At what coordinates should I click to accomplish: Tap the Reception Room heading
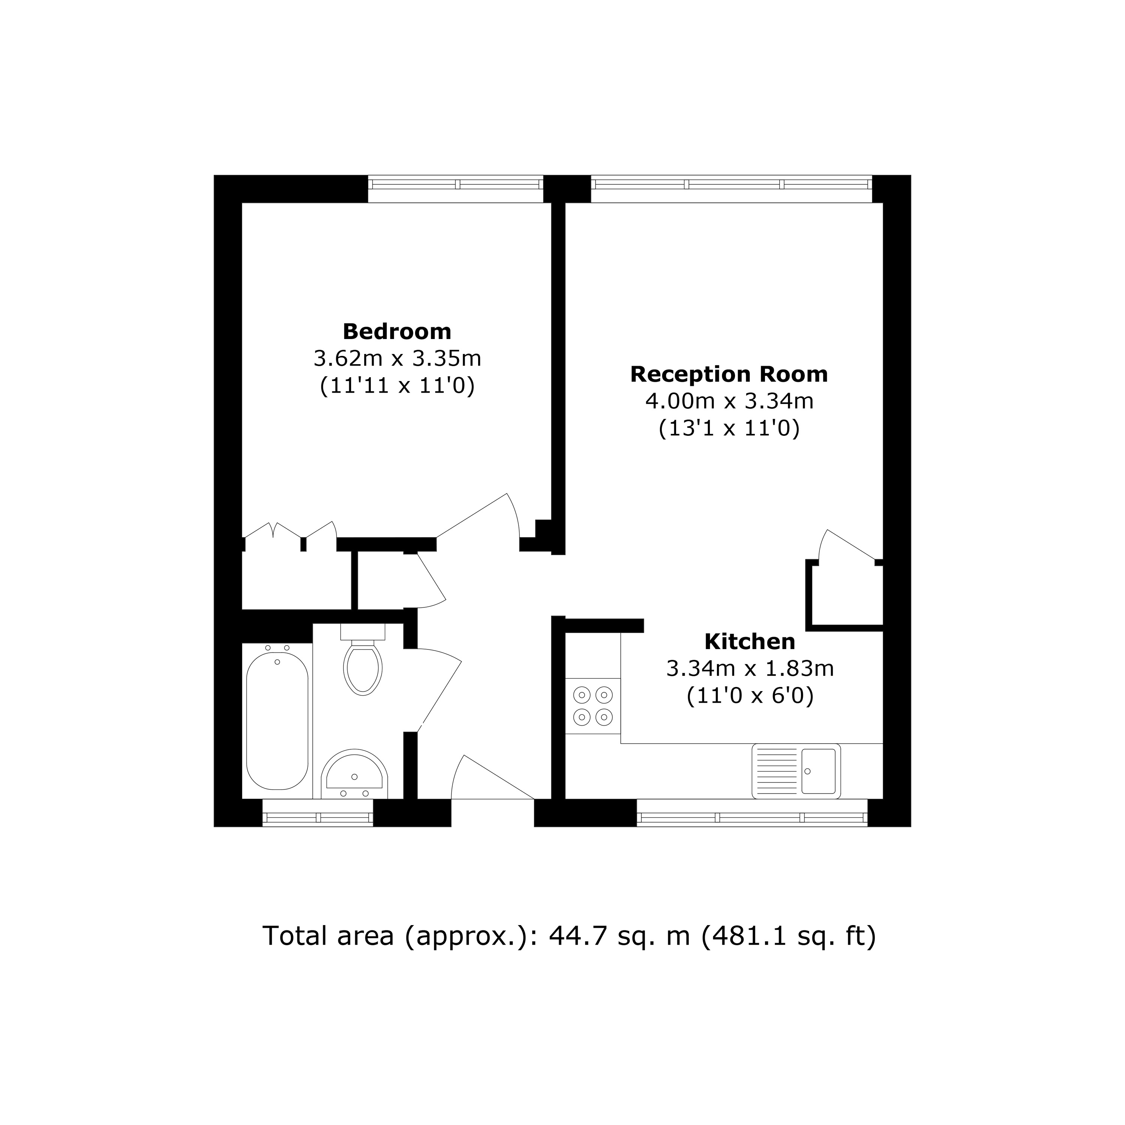(x=729, y=374)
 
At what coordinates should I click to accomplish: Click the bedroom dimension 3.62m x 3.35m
(x=397, y=359)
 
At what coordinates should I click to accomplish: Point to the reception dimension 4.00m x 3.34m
(x=729, y=401)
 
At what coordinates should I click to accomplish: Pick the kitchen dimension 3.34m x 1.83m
(x=750, y=669)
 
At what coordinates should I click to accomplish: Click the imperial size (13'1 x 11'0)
(x=729, y=429)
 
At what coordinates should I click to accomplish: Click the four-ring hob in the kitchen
(x=593, y=706)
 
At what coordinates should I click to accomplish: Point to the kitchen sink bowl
(x=818, y=771)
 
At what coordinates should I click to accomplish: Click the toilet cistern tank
(x=363, y=631)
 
